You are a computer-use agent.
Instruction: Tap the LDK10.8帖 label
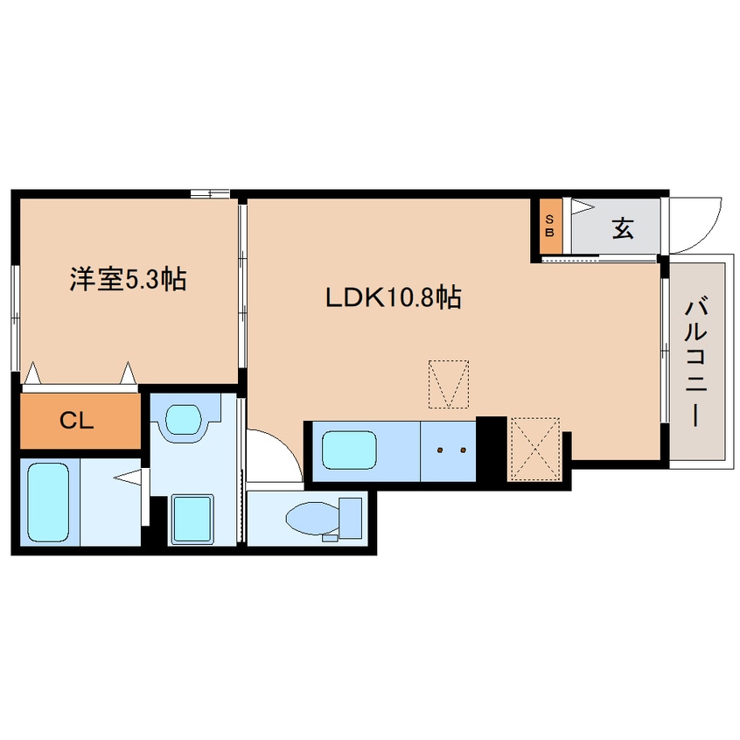(394, 298)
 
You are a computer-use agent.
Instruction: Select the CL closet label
(78, 420)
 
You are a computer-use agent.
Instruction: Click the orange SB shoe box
(550, 226)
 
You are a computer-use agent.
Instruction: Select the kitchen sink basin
(350, 451)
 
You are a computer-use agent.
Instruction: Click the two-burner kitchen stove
(449, 450)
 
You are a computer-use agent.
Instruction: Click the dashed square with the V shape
(449, 384)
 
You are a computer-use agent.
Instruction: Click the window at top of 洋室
(210, 193)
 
